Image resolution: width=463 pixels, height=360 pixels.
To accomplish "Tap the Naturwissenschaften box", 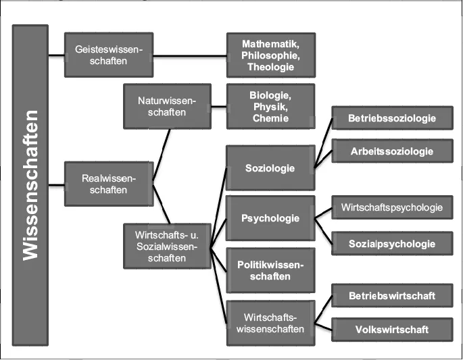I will pos(167,106).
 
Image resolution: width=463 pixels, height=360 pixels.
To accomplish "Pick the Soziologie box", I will pos(270,168).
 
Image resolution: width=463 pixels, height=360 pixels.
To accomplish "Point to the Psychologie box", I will pos(270,218).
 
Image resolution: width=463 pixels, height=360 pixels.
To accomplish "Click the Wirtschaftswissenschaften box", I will pos(270,322).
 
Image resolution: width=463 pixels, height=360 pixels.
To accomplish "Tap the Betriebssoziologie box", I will pos(392,118).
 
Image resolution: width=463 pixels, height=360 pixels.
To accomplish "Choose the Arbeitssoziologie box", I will pos(392,151).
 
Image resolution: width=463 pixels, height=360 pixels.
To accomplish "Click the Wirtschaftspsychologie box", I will pos(392,207).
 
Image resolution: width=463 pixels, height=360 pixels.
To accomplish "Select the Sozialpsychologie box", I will pos(392,243).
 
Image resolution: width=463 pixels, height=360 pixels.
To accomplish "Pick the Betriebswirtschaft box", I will pos(392,295).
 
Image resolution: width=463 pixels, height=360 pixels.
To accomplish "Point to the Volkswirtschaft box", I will pos(392,330).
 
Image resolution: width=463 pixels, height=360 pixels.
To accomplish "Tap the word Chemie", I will pos(270,118).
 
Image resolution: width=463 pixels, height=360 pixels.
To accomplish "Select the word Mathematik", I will pos(270,43).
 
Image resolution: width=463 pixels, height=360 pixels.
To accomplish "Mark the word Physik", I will pos(270,106).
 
